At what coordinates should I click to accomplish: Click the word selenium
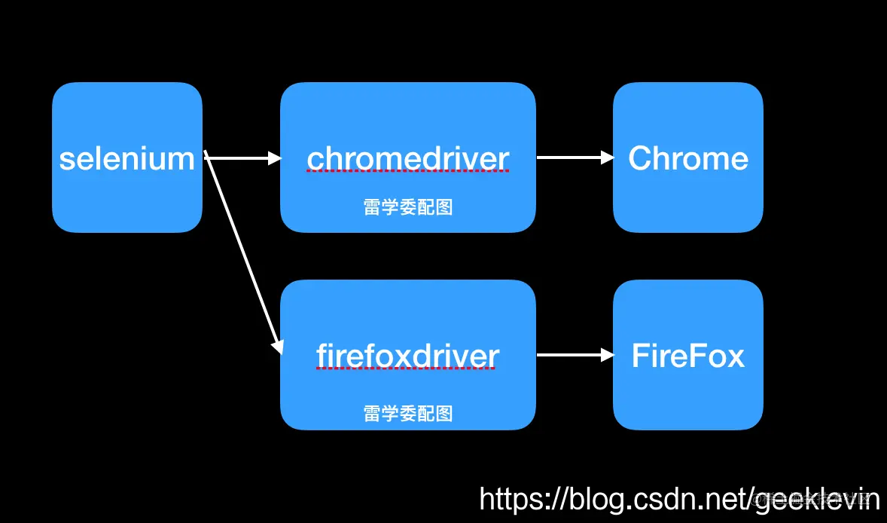tap(126, 158)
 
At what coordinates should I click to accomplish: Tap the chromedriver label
tap(407, 158)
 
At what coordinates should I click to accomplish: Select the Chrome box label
tap(688, 158)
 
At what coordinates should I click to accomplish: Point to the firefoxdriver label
tap(407, 356)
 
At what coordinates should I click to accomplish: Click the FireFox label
tap(688, 356)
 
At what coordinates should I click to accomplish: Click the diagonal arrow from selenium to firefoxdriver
tap(242, 252)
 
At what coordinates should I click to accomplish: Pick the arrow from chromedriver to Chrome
tap(574, 158)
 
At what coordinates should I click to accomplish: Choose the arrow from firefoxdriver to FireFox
tap(574, 355)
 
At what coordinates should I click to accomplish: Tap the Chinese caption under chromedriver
tap(407, 207)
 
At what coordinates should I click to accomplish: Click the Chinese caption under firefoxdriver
tap(407, 413)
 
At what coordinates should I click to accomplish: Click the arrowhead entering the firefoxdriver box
tap(278, 346)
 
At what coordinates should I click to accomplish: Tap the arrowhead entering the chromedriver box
tap(275, 158)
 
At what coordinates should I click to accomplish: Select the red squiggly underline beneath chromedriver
tap(407, 172)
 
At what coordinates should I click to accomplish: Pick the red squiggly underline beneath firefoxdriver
tap(407, 369)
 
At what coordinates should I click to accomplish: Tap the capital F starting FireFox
tap(640, 356)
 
